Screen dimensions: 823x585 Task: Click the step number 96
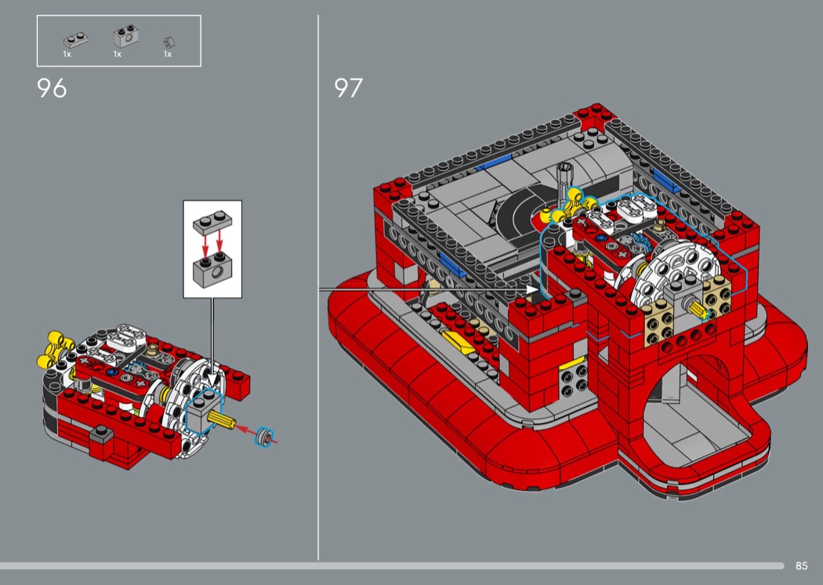52,89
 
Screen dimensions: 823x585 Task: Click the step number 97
348,88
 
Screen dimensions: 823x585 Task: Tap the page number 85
801,565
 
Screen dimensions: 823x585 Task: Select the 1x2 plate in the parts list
75,40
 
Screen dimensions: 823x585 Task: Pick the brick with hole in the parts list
126,37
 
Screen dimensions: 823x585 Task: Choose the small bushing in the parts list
169,42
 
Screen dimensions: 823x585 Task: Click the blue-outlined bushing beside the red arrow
265,437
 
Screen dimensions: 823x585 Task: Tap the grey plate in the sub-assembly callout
212,223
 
